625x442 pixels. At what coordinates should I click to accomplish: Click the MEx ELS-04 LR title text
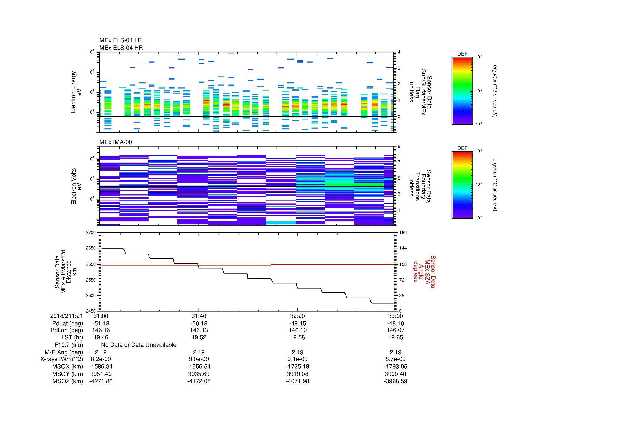coord(120,40)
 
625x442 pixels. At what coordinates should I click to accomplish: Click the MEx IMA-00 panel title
coord(116,142)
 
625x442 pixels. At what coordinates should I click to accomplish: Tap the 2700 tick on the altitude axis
coord(91,233)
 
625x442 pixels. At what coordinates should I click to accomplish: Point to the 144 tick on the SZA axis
coord(403,248)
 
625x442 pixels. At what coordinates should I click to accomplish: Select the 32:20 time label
coord(297,316)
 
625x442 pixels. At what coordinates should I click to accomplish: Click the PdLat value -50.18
coord(199,324)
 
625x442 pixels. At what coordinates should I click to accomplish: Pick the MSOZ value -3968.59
coord(395,381)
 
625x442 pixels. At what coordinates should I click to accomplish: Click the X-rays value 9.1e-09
coord(297,359)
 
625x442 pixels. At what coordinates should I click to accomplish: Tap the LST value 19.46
coord(101,337)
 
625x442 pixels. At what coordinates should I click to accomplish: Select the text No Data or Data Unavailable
coord(139,345)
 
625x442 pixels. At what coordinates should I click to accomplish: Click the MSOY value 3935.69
coord(199,374)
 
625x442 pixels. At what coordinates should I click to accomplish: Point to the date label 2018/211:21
coord(66,316)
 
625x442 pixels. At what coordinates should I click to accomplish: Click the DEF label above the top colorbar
coord(462,54)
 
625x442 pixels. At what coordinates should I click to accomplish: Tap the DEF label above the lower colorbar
coord(462,148)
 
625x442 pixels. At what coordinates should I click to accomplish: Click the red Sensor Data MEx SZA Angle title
coord(424,271)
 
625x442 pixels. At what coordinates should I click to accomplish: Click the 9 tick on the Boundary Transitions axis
coord(399,147)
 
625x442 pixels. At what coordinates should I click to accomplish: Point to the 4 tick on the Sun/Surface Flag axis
coord(399,52)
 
